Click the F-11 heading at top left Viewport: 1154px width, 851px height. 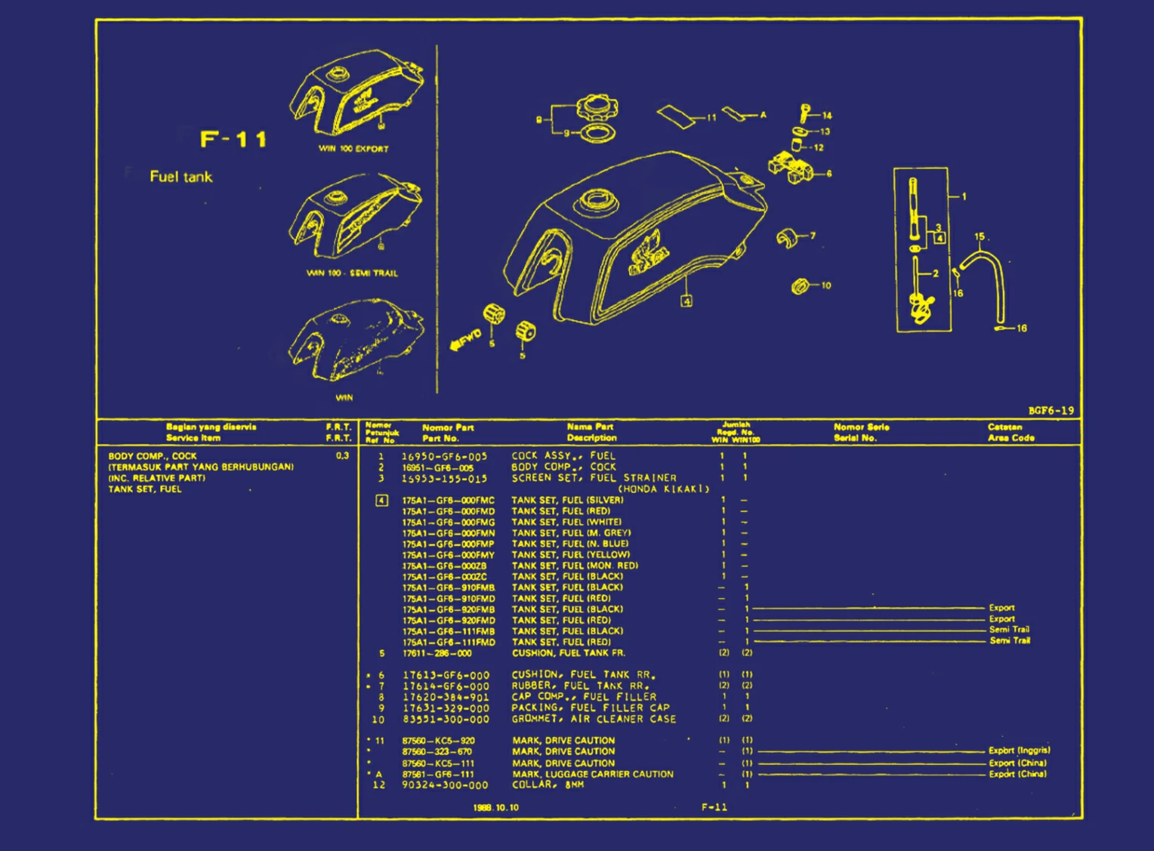233,140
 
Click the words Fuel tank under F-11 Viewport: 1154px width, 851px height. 181,177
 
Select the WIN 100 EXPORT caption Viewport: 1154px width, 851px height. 353,149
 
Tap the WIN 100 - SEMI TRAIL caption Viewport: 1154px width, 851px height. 352,273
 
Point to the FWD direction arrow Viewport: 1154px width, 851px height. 465,340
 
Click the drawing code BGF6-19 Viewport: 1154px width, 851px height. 1051,411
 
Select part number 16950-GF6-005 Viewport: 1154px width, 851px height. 444,456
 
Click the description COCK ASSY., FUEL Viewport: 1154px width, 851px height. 563,456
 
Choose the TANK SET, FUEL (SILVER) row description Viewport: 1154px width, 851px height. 567,500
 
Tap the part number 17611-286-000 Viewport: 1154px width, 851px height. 437,653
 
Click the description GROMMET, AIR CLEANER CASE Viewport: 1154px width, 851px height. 594,719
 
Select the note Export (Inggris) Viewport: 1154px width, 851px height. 1019,751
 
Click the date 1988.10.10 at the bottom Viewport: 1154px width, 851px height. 495,808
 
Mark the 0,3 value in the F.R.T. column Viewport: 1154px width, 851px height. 342,456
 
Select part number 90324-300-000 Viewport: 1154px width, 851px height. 445,785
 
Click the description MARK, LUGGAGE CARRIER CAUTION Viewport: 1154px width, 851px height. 593,774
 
